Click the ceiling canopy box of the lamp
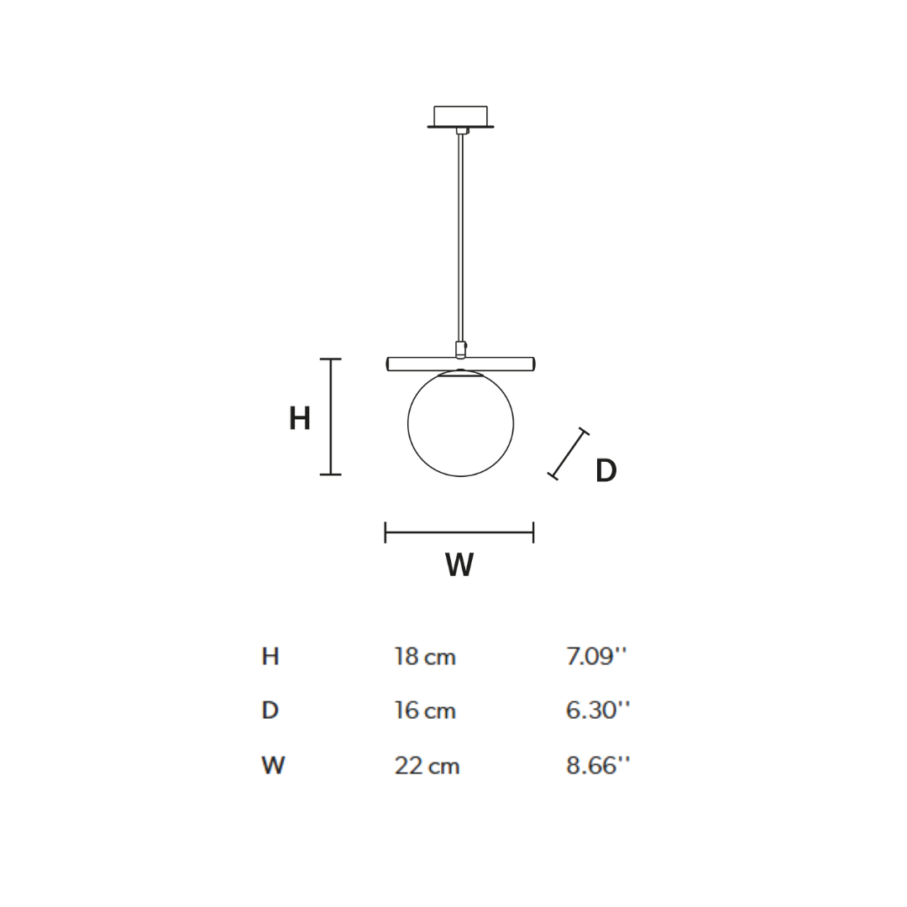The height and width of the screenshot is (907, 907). pos(460,116)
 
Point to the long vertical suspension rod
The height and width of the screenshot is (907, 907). pos(460,235)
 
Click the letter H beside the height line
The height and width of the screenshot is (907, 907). pos(300,418)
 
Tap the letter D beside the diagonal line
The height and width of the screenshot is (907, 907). pos(606,471)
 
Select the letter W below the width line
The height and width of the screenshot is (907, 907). pos(459,565)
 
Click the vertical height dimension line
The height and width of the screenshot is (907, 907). pos(331,417)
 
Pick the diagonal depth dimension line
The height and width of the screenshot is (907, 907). pos(569,453)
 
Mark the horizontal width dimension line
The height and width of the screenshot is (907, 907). pos(459,532)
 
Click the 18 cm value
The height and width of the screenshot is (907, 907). pos(425,657)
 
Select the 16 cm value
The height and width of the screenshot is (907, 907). pos(425,711)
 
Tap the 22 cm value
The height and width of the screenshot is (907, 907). pos(427,766)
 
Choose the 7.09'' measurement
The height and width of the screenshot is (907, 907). pos(596,657)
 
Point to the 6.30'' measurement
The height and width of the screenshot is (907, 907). pos(597,711)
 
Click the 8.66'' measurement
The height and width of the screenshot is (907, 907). pos(597,766)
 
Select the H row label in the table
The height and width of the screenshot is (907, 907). pos(270,657)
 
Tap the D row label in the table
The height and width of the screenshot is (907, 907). pos(270,711)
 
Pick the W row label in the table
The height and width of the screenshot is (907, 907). pos(273,766)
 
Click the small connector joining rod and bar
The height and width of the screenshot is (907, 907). pos(460,349)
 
